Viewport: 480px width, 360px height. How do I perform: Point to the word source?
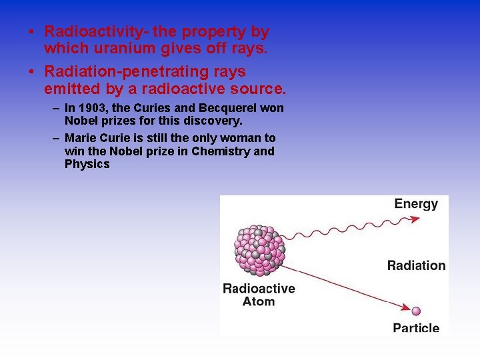coord(257,89)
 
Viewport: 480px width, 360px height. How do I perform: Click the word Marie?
coord(80,138)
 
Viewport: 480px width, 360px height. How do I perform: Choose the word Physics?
coord(87,164)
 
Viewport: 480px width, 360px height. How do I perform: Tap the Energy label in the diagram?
coord(416,204)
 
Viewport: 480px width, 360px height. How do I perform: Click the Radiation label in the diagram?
coord(416,265)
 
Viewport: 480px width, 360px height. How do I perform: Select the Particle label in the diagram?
coord(416,327)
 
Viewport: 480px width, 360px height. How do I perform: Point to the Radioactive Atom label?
coord(259,295)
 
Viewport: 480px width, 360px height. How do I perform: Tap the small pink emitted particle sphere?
coord(417,311)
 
